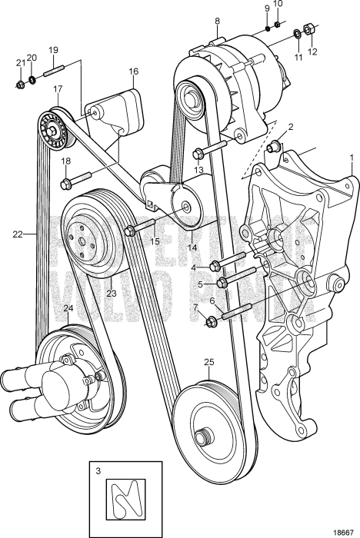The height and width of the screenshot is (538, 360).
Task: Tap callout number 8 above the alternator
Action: click(217, 21)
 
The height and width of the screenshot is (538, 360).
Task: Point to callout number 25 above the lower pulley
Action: click(208, 362)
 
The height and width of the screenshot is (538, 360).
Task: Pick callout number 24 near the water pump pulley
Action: click(68, 309)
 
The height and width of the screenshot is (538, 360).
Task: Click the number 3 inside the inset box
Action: click(97, 467)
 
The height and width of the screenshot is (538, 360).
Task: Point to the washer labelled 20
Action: click(32, 80)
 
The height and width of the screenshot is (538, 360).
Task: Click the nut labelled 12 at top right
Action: click(308, 31)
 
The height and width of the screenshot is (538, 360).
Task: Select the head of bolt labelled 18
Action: click(67, 183)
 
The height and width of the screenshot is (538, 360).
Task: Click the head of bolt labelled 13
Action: click(199, 151)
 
